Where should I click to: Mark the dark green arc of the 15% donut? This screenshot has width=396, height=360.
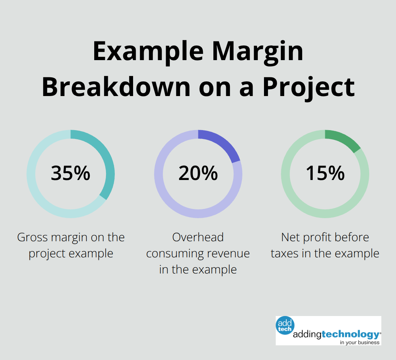point(345,140)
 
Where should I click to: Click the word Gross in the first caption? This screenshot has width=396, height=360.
point(33,238)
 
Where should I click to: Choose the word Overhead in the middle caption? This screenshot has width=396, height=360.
point(198,238)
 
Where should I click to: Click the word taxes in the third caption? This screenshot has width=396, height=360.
point(285,254)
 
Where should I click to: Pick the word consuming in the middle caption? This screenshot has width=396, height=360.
point(174,254)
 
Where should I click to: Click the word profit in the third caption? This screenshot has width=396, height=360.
point(316,238)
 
